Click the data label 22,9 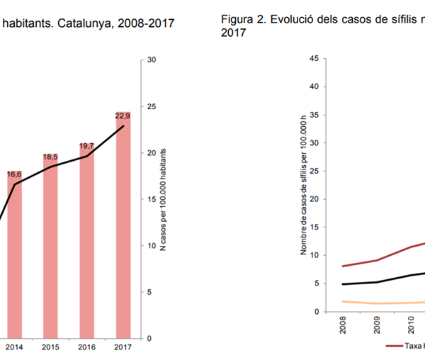[x=123, y=116]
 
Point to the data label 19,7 [x=86, y=145]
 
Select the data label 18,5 [x=50, y=157]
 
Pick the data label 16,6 [x=14, y=174]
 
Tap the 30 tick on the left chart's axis [x=151, y=60]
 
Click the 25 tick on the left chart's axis [x=151, y=107]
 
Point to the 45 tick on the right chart [x=313, y=59]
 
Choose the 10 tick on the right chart [x=313, y=255]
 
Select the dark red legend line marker [x=395, y=345]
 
